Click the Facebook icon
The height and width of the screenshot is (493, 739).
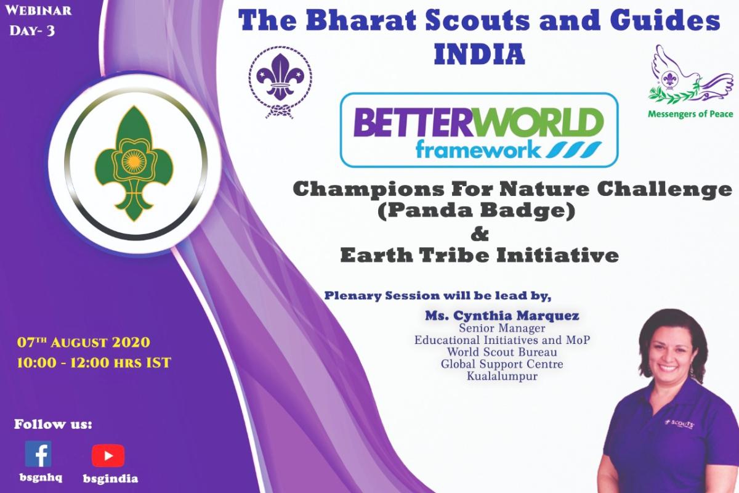(38, 454)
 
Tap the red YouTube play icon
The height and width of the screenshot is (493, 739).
(108, 455)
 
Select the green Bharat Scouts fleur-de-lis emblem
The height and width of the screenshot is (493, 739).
(129, 164)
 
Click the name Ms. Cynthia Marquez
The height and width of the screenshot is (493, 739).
(501, 316)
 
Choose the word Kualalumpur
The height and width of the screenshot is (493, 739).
(501, 376)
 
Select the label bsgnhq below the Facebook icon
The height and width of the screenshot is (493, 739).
(38, 478)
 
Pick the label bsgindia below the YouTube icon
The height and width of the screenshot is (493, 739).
(110, 478)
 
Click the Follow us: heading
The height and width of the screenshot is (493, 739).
(53, 425)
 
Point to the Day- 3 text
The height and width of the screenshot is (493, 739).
(32, 29)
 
